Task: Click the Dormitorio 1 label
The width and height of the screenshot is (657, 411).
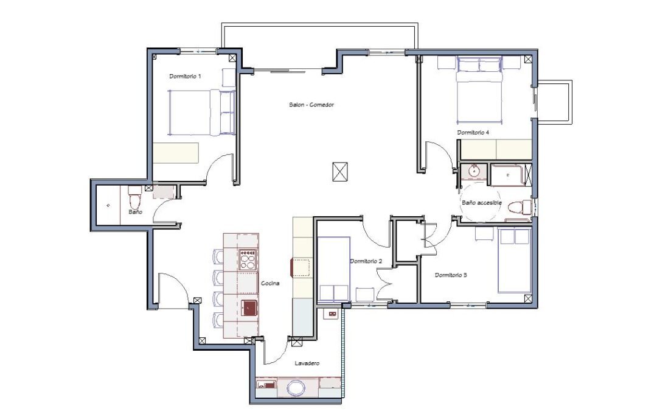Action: [185, 76]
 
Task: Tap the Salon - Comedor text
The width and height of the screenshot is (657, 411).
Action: [311, 105]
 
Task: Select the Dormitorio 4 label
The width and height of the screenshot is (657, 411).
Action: [473, 133]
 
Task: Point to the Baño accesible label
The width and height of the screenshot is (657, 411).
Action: [481, 203]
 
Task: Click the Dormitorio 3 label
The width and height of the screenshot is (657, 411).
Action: [451, 275]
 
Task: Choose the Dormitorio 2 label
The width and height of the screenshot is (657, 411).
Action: [366, 261]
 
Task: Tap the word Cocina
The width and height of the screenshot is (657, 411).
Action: [270, 284]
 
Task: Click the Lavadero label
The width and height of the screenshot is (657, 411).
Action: [307, 363]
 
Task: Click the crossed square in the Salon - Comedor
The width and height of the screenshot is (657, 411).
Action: [340, 172]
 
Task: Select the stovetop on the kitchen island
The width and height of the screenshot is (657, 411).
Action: [248, 259]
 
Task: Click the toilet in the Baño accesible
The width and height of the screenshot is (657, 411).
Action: [519, 208]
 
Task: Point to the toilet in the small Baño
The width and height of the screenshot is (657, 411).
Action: [135, 198]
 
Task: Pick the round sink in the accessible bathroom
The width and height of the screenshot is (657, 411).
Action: [474, 171]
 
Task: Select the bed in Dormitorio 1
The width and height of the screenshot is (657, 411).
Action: [201, 113]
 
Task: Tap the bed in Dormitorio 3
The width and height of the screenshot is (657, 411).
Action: [514, 261]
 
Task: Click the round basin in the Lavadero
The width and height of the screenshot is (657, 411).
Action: [296, 388]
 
